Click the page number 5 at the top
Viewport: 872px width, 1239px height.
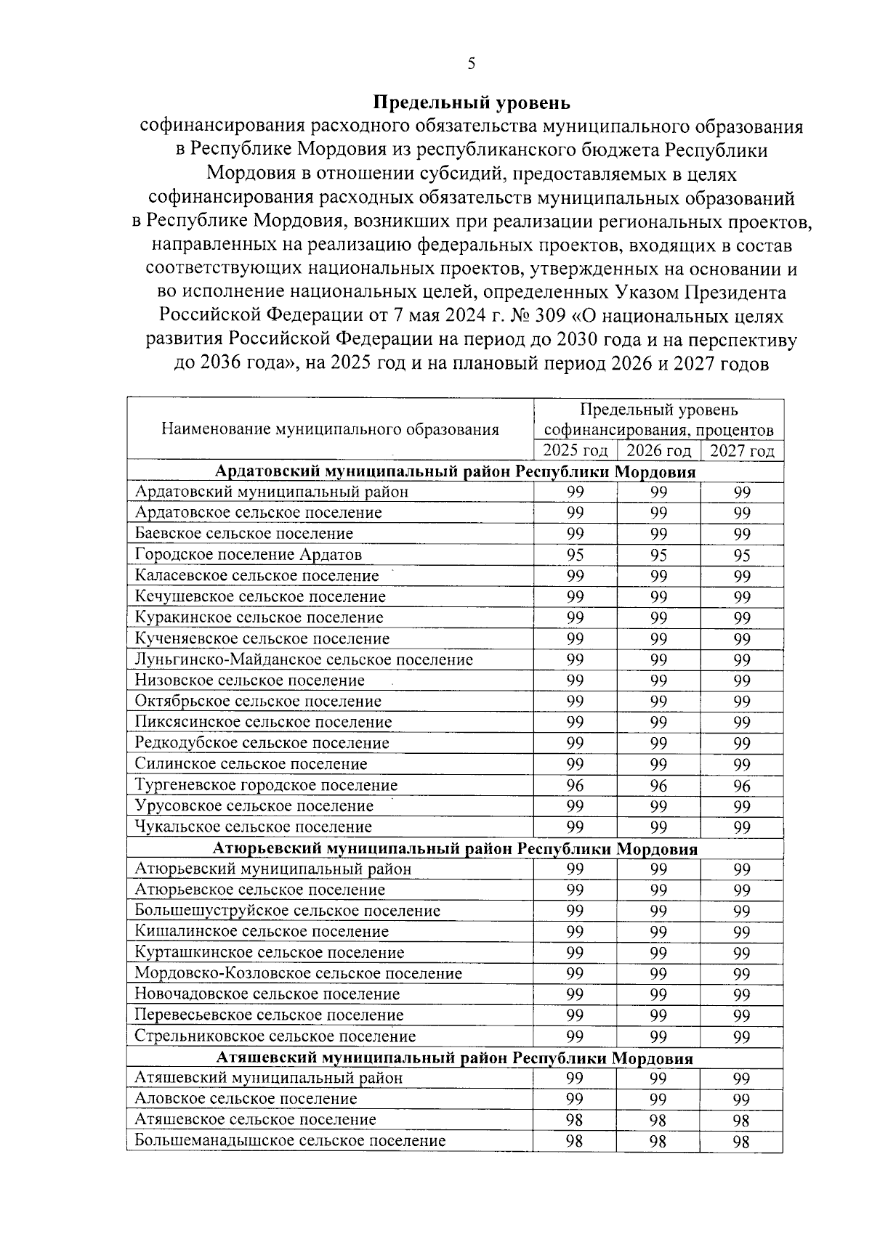[472, 64]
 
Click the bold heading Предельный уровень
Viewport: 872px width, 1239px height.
[472, 102]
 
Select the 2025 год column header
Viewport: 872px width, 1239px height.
[575, 450]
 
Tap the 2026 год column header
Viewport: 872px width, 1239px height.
[658, 450]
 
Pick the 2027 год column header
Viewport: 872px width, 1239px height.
[742, 450]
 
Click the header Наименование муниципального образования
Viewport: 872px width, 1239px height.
[330, 428]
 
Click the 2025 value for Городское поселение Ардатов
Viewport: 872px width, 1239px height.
[575, 556]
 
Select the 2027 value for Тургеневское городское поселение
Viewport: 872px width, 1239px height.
[742, 786]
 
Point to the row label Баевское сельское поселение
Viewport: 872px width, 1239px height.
[244, 534]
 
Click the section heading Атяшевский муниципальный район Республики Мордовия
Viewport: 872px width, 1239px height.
[455, 1058]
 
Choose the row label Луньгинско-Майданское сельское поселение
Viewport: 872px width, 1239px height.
[304, 659]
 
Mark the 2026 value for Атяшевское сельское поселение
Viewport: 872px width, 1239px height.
[658, 1121]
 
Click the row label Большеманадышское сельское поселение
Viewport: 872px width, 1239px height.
[290, 1141]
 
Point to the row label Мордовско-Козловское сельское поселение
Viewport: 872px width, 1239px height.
[299, 973]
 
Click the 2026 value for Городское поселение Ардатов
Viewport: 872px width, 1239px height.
[658, 556]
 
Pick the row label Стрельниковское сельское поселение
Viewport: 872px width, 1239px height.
[275, 1036]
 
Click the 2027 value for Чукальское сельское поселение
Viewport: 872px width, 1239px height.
[742, 828]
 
